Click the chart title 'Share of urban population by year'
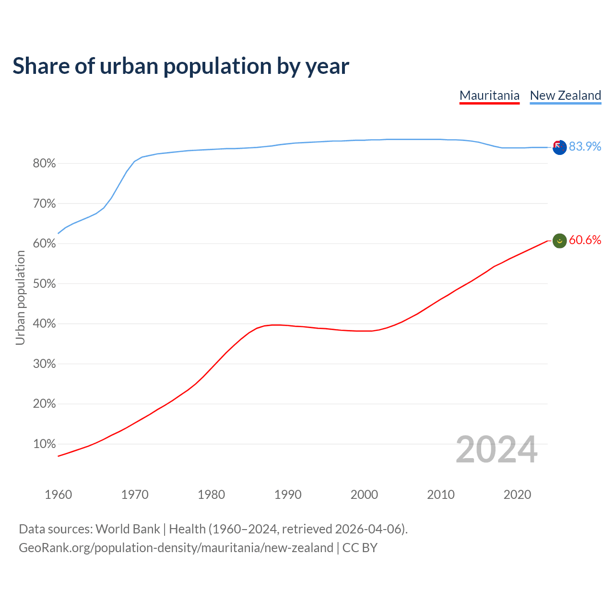[181, 66]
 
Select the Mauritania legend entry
[489, 95]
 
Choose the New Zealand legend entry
[565, 95]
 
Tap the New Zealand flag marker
[559, 147]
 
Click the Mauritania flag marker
[559, 241]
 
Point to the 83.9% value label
[585, 146]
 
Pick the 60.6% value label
[585, 240]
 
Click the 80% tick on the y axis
[45, 164]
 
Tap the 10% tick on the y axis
[45, 444]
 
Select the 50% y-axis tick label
[45, 284]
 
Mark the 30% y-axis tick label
[45, 364]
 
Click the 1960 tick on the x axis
[58, 495]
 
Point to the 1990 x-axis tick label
[288, 495]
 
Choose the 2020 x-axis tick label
[517, 495]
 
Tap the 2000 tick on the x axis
[364, 495]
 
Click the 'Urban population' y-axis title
[20, 297]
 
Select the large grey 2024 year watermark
[496, 449]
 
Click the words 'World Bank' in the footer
[128, 529]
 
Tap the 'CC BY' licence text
[360, 548]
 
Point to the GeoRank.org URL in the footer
[176, 548]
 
